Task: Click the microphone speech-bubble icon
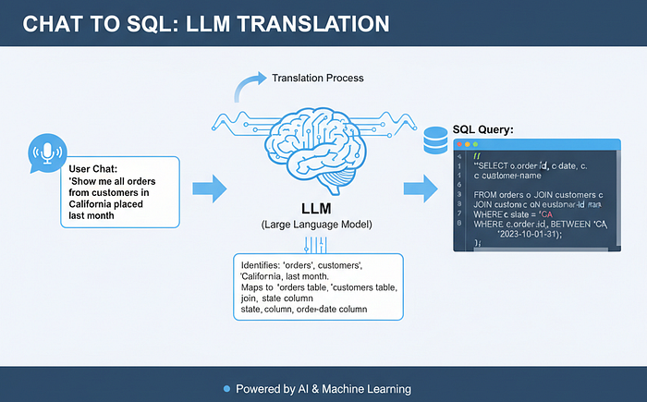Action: point(45,152)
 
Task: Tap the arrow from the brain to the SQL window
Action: point(421,189)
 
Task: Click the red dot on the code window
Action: point(460,144)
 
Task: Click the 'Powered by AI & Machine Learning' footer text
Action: point(323,388)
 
